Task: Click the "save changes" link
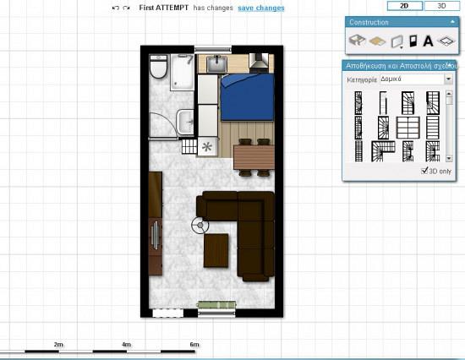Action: [x=260, y=8]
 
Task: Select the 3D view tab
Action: [x=440, y=5]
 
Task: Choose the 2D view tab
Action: [x=404, y=5]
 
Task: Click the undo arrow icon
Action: [x=115, y=8]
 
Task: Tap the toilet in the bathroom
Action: [x=157, y=67]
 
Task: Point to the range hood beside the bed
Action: [x=260, y=62]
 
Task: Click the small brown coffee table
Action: [x=216, y=248]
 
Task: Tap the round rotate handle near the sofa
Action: [x=200, y=225]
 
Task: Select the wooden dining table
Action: [x=254, y=157]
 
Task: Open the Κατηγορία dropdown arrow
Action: [x=448, y=79]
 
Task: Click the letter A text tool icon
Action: [x=428, y=40]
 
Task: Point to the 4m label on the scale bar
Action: [x=126, y=345]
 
